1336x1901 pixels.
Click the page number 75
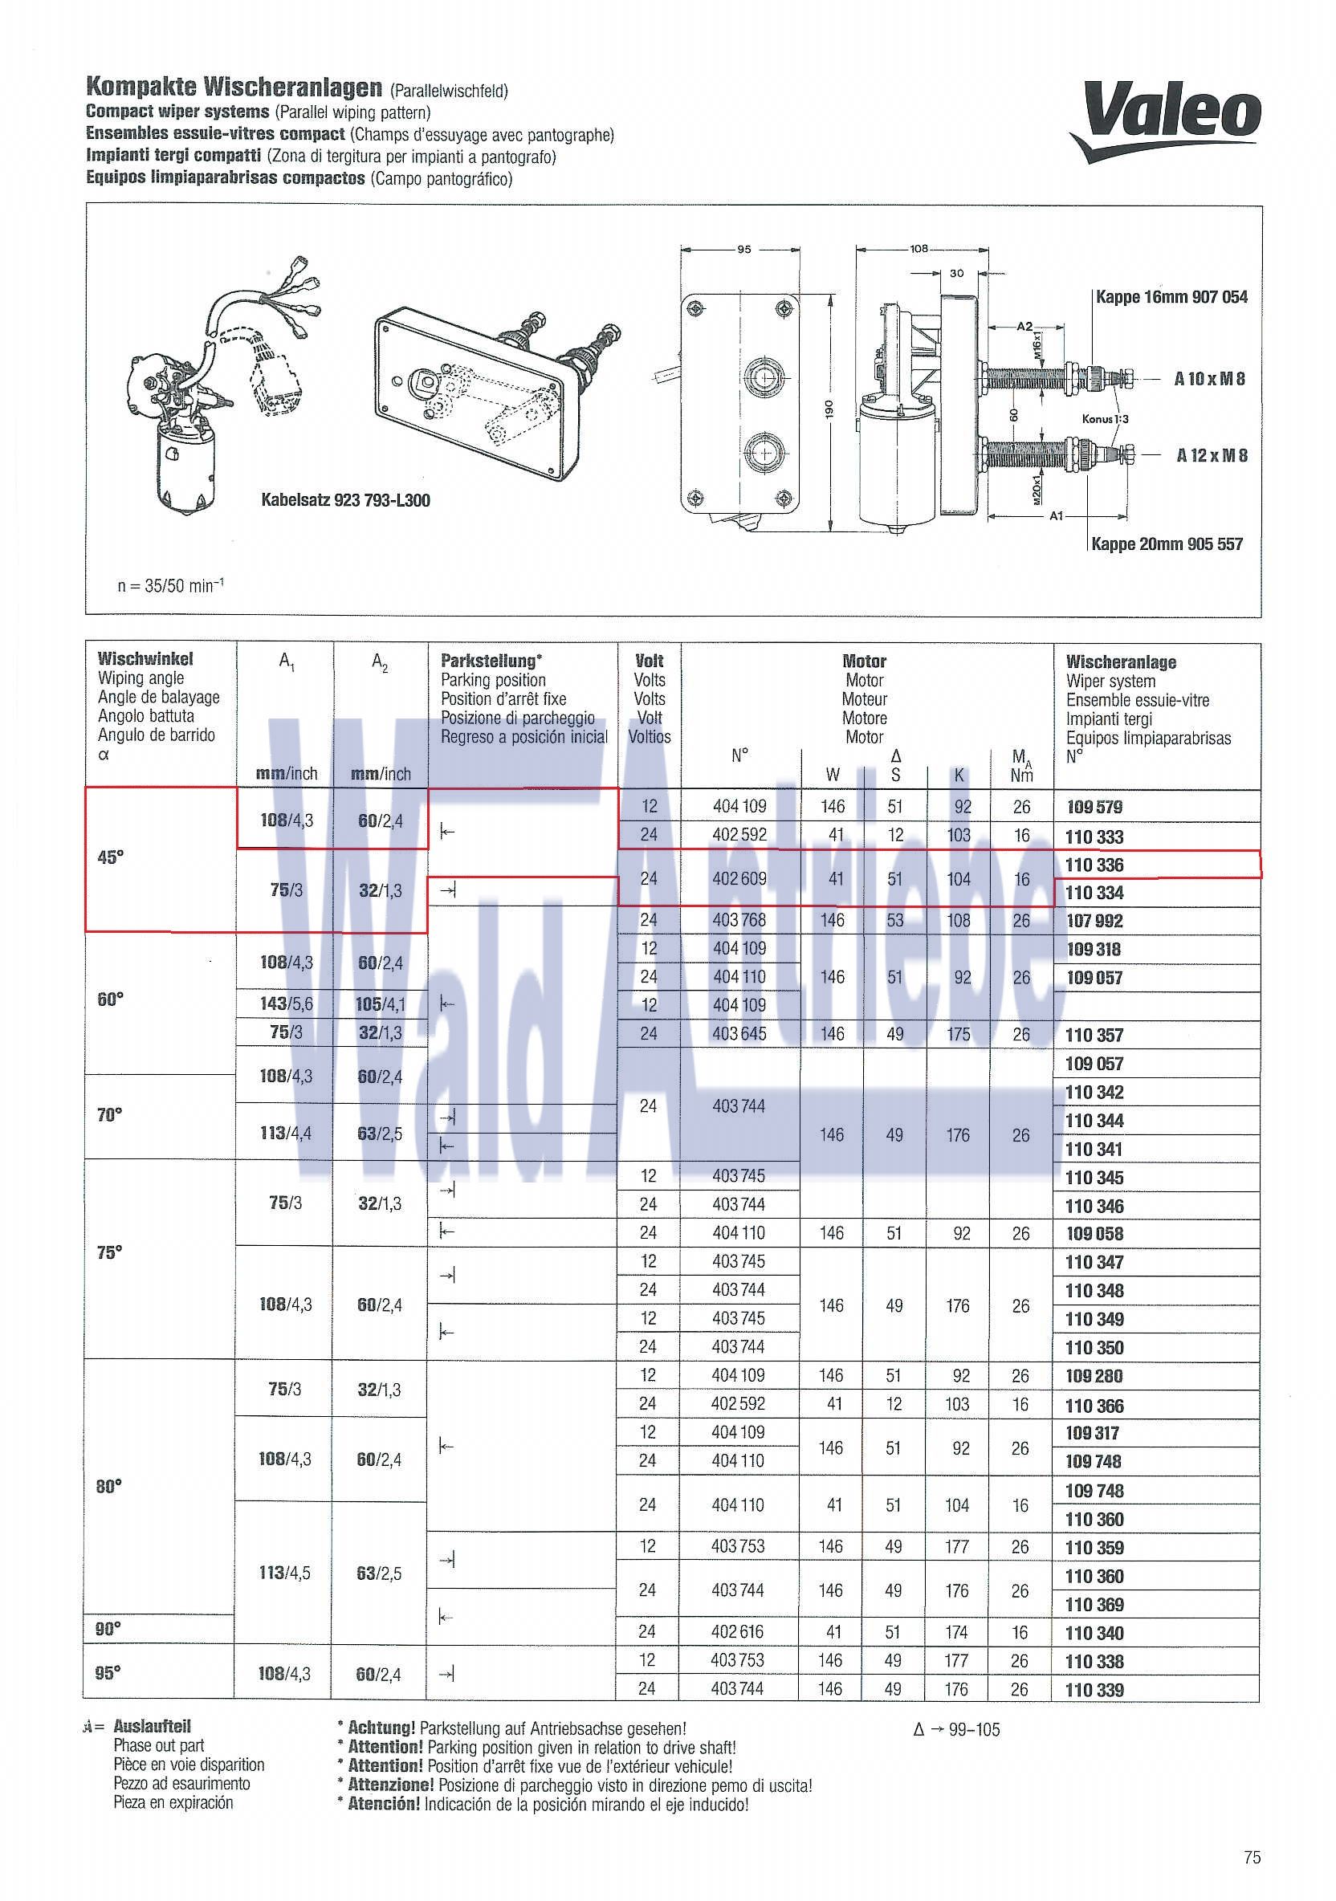[1252, 1857]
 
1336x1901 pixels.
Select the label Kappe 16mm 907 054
[1171, 296]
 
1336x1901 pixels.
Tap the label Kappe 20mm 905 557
[1167, 544]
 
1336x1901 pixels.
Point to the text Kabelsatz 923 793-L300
[345, 500]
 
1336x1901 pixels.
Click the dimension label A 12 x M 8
[1211, 454]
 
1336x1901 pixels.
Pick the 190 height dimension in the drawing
[830, 409]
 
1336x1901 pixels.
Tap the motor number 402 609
[739, 878]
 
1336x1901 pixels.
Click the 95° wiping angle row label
[108, 1672]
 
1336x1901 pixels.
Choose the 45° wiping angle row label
[111, 857]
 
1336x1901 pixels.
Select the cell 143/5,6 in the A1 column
[285, 1004]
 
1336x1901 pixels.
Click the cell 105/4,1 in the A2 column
[381, 1004]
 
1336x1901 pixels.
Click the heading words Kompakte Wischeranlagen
[234, 87]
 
